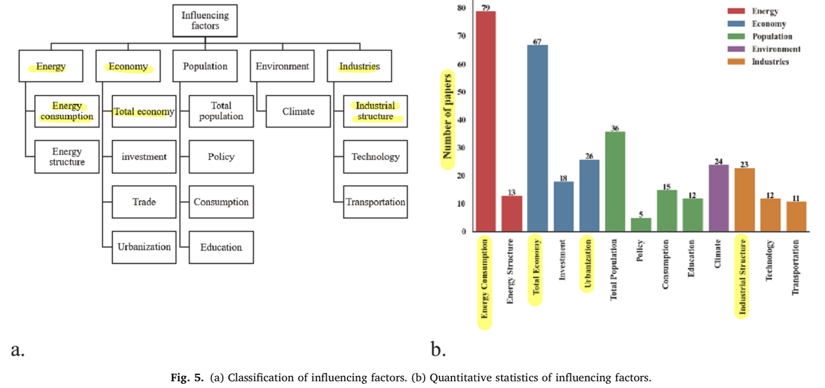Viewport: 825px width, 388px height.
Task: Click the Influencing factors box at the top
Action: [x=205, y=21]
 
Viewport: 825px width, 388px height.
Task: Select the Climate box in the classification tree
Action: [x=298, y=111]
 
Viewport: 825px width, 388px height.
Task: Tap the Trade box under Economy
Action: [x=144, y=202]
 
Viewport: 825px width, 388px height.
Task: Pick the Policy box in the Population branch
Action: [x=221, y=156]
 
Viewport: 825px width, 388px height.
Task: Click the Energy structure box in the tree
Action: [x=67, y=156]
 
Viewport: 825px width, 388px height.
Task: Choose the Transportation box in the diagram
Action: [x=375, y=202]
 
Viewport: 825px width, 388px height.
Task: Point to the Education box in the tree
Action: [x=221, y=247]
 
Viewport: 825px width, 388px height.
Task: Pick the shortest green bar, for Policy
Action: [x=641, y=225]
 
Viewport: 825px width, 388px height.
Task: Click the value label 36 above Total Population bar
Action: [x=615, y=128]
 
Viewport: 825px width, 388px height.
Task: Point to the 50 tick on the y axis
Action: [x=462, y=92]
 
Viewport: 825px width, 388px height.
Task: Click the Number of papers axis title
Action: [x=447, y=117]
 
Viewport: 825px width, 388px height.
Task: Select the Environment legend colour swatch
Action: [x=736, y=49]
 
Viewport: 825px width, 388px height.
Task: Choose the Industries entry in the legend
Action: [x=770, y=62]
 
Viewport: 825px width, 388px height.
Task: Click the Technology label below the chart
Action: [x=769, y=260]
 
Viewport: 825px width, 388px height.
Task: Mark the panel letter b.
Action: [x=438, y=349]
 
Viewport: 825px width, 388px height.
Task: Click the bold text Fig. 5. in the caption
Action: [x=187, y=378]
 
